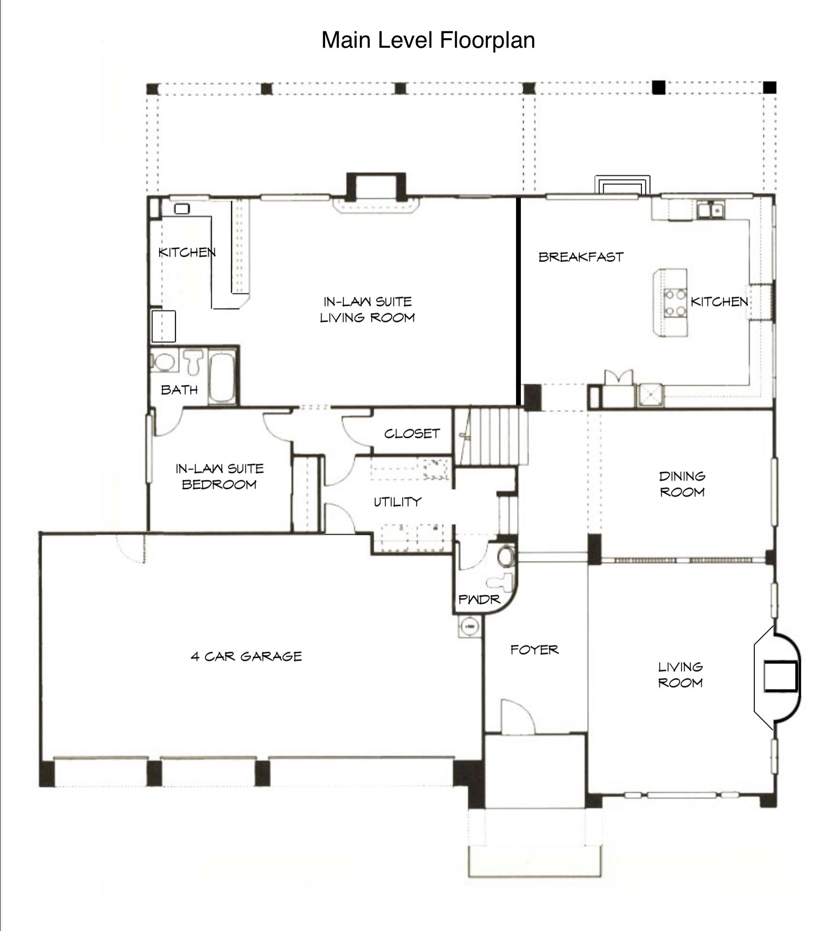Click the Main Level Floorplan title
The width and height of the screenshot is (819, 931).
tap(428, 40)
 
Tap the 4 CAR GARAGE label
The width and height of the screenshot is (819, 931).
tap(246, 656)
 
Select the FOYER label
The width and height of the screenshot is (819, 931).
tap(534, 650)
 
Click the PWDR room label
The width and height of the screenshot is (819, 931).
tap(479, 600)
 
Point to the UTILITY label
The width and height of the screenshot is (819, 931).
tap(397, 502)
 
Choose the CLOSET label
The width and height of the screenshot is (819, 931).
tap(412, 433)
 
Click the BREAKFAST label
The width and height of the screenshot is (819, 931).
tap(581, 257)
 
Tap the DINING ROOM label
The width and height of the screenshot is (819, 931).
tap(682, 484)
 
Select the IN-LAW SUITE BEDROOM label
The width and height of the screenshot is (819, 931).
tap(219, 476)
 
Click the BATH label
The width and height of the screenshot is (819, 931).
tap(179, 390)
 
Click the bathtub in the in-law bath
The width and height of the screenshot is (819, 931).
tap(222, 378)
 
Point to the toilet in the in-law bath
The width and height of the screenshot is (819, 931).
tap(194, 362)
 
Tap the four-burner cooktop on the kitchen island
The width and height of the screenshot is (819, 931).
tap(675, 302)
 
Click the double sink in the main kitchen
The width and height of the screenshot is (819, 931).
tap(711, 210)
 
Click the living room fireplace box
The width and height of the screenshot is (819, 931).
tap(780, 677)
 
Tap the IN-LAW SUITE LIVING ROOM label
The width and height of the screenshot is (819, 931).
tap(367, 310)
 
